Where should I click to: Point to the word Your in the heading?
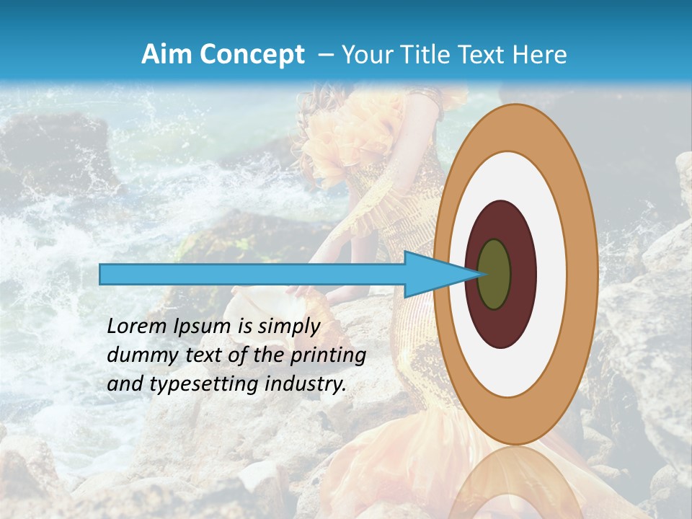tap(365, 55)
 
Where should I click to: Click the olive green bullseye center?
tap(494, 274)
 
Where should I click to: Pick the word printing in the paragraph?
tap(329, 356)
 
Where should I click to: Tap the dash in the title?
tap(325, 55)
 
